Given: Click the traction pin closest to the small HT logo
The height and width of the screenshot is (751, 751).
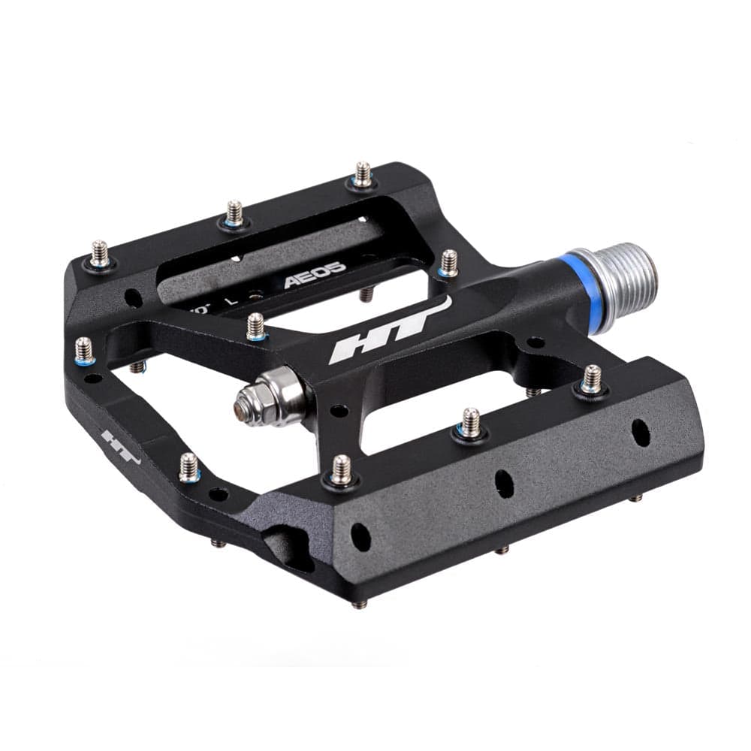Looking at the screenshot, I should click(x=189, y=466).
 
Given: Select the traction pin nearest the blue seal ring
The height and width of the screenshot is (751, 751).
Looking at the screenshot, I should click(x=448, y=262).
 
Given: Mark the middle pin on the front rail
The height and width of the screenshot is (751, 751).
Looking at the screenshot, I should click(x=470, y=422).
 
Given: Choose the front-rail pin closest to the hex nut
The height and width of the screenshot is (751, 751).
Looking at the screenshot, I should click(x=342, y=469).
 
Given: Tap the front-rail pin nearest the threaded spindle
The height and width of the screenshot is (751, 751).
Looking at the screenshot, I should click(x=592, y=379).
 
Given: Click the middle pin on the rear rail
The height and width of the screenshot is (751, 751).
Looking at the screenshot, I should click(x=234, y=213).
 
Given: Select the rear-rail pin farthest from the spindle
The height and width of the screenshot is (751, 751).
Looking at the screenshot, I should click(x=100, y=253).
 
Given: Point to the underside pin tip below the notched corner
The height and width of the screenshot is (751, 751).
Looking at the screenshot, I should click(x=358, y=603).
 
